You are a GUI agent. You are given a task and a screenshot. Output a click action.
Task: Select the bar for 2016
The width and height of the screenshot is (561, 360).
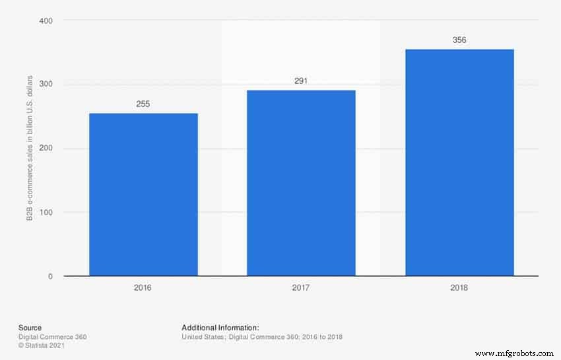(143, 194)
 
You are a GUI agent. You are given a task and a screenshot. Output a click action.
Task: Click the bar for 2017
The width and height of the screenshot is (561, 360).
(301, 183)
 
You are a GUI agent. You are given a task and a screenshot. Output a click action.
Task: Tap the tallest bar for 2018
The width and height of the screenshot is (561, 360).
(459, 162)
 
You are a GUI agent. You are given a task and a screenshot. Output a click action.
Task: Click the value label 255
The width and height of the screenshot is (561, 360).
(143, 104)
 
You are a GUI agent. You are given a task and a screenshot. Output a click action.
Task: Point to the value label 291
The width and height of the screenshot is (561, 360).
(301, 81)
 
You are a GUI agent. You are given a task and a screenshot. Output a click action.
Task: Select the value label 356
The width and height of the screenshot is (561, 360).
(459, 40)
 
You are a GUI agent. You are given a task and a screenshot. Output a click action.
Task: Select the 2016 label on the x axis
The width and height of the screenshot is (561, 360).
(143, 288)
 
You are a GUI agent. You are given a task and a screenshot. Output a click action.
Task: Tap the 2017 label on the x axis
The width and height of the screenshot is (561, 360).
(301, 288)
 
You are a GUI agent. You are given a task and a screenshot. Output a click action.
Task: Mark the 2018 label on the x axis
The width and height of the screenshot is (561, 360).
(459, 288)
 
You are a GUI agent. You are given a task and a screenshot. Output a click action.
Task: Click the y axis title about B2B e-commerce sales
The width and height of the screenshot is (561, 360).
(30, 149)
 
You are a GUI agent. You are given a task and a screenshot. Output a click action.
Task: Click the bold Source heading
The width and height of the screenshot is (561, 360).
(30, 328)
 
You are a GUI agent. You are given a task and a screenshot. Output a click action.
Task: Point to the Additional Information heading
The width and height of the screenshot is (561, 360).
(220, 328)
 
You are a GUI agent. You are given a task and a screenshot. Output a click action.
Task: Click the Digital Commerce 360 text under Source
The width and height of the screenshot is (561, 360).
(52, 337)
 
